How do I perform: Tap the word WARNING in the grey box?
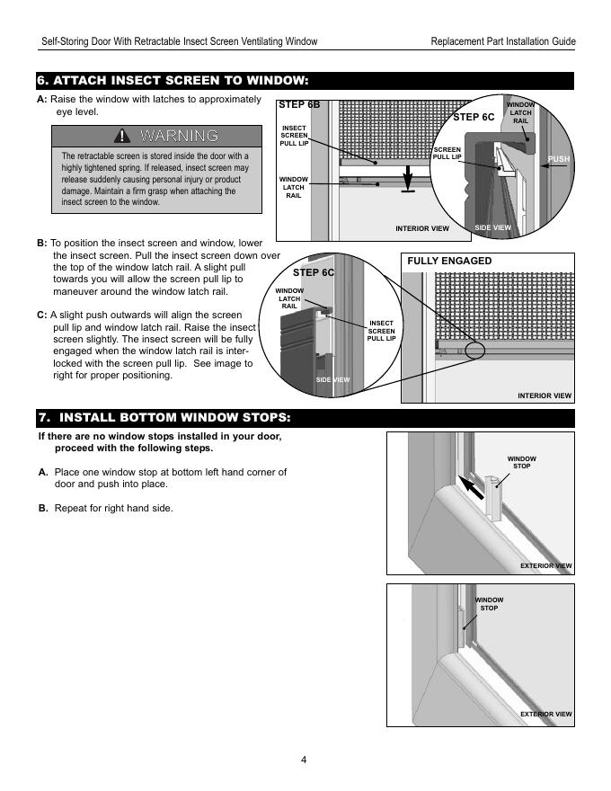[x=179, y=137]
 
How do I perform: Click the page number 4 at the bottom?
[x=305, y=760]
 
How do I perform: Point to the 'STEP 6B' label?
[x=300, y=105]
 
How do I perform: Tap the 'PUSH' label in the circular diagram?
[x=559, y=159]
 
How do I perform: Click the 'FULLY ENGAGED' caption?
[x=449, y=261]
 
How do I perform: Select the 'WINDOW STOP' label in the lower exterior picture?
[x=489, y=604]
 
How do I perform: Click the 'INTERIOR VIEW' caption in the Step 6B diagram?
[x=421, y=228]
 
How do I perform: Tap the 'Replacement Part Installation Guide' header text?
[x=503, y=42]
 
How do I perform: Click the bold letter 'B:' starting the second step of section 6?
[x=42, y=244]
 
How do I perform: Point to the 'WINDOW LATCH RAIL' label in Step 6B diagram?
[x=293, y=188]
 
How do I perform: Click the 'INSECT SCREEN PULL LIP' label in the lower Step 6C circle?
[x=381, y=330]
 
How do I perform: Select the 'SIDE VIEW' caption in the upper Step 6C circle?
[x=492, y=227]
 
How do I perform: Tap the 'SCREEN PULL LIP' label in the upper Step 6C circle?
[x=447, y=153]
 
